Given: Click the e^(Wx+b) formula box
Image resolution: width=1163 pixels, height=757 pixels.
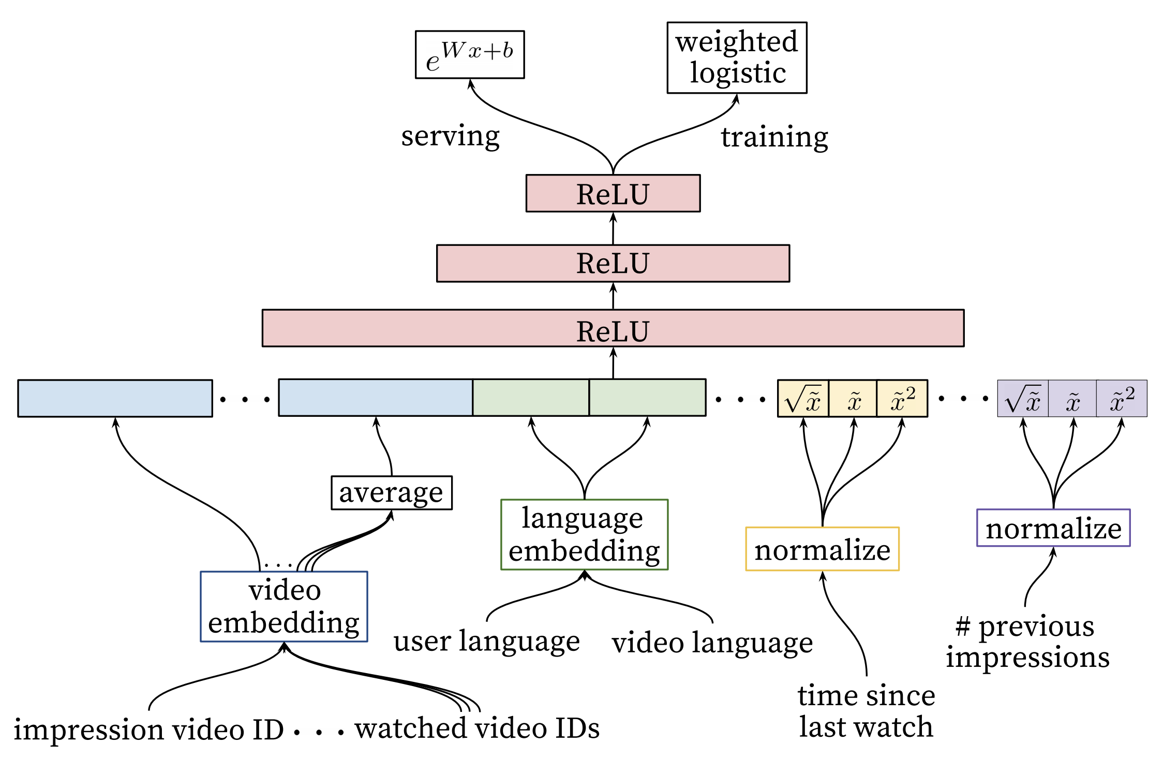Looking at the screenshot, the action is click(470, 55).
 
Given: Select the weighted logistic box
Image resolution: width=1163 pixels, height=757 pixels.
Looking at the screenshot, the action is click(737, 57).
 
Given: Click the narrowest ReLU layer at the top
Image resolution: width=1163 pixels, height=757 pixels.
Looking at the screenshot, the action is click(613, 193).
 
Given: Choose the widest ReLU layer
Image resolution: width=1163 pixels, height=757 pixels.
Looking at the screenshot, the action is click(613, 328).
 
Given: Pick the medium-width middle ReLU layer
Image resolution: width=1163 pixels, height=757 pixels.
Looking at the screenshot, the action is click(613, 263).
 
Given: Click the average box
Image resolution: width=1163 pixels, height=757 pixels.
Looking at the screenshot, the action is click(392, 493).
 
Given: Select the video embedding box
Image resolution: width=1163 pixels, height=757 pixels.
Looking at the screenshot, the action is click(284, 606).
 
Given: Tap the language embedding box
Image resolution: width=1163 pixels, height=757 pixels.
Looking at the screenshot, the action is click(585, 534).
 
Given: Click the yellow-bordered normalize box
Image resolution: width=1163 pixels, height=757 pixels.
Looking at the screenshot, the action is click(823, 549).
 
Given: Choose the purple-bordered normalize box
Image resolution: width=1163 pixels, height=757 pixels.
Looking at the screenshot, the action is click(1053, 528).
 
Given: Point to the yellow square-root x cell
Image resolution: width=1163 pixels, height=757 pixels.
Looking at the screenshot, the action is click(803, 398).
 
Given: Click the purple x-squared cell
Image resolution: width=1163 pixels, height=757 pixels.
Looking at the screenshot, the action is click(1122, 398).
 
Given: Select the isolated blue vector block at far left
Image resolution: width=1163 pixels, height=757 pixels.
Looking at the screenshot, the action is click(115, 398).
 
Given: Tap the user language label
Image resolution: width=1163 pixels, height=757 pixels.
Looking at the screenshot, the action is click(486, 641).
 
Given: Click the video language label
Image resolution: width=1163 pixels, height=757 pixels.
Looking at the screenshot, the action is click(712, 642).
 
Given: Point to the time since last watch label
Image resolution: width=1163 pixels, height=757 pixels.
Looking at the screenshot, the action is click(867, 710).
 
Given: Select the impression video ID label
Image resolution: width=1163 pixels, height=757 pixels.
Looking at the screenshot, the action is click(149, 729).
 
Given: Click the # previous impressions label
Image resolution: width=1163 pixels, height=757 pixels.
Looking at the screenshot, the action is click(1028, 642).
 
